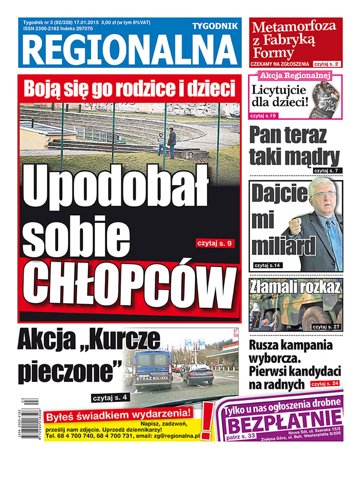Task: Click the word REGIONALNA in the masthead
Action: pyautogui.click(x=129, y=51)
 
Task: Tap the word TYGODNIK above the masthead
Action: pyautogui.click(x=214, y=26)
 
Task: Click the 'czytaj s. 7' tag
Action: pyautogui.click(x=326, y=170)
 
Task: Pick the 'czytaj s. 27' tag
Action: pyautogui.click(x=327, y=327)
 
